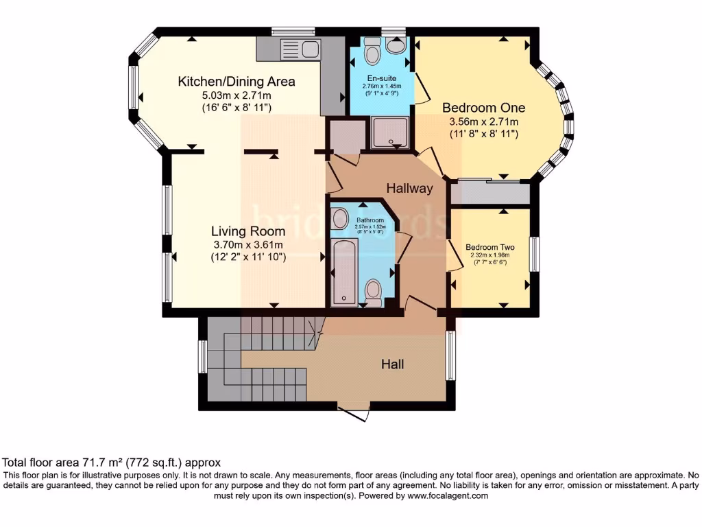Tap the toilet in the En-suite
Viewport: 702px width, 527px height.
tap(372, 51)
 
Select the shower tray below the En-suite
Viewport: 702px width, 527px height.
tap(391, 132)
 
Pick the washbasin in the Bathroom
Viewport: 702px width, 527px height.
tap(340, 220)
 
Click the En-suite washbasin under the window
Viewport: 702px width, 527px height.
tap(396, 45)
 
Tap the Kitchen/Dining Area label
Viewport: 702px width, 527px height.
tap(237, 82)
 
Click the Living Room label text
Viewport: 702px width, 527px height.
tap(247, 231)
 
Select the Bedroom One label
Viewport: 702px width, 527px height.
tap(483, 108)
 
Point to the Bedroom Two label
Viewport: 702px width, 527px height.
tap(489, 247)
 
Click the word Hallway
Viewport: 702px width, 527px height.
tap(409, 188)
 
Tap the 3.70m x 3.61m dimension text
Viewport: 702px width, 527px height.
tap(247, 244)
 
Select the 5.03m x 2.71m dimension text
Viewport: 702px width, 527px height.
tap(237, 95)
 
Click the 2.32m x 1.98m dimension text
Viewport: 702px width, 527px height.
tap(489, 255)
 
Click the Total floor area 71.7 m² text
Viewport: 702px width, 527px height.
tap(112, 462)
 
